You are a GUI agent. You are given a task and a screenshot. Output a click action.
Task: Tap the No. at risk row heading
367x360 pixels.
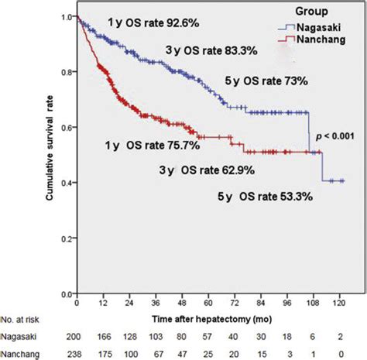click(24, 319)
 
